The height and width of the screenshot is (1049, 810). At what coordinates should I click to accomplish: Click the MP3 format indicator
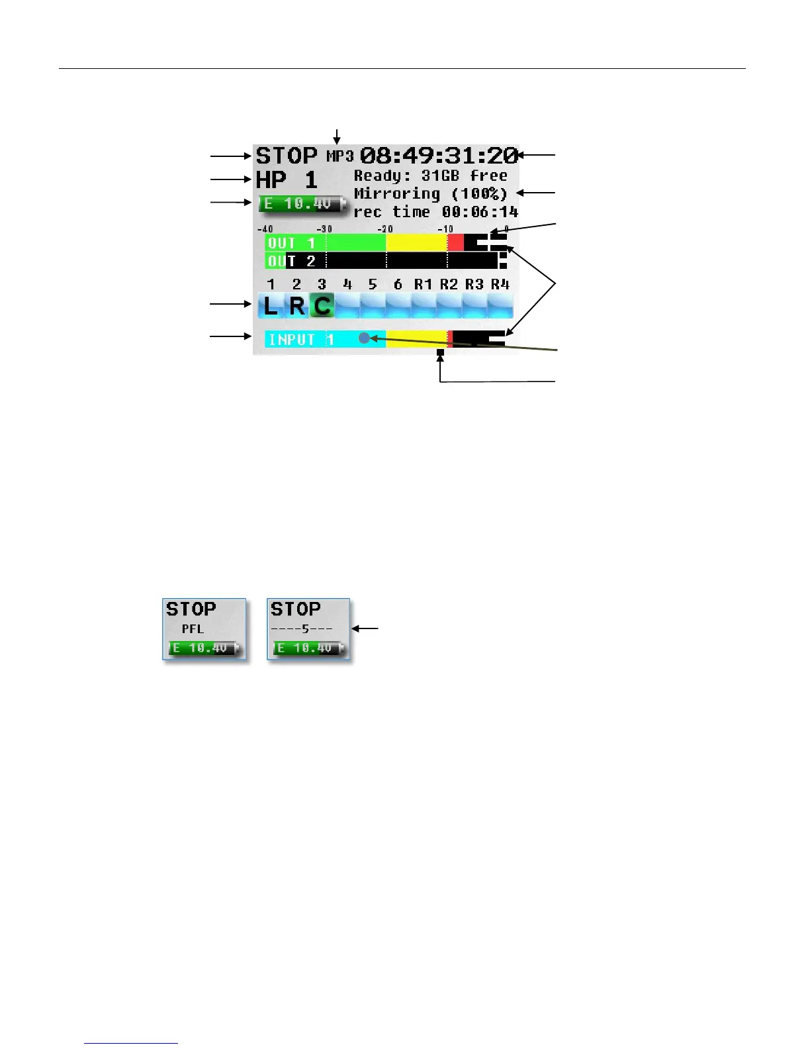(340, 156)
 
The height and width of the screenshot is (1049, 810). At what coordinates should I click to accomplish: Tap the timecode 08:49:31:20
(438, 156)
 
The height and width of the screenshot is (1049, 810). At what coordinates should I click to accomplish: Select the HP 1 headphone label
(287, 180)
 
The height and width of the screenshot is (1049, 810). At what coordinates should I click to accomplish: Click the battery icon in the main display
(303, 204)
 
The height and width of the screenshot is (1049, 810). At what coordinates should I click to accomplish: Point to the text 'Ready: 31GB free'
(430, 176)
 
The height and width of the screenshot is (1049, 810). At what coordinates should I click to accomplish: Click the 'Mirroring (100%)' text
(430, 194)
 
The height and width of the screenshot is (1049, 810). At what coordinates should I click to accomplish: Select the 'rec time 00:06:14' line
(435, 212)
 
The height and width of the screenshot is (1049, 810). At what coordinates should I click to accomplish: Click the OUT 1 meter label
(291, 243)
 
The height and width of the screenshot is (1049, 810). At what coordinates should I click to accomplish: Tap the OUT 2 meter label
(291, 261)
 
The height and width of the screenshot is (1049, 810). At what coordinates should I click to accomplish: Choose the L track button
(271, 306)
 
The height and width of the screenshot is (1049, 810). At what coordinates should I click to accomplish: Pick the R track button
(297, 306)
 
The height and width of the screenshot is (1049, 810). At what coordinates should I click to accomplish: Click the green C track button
(322, 306)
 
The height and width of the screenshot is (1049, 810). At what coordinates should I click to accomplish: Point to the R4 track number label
(500, 285)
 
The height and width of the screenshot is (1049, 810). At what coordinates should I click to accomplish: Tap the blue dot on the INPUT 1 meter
(364, 338)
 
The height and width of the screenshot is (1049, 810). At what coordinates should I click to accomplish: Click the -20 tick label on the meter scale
(384, 229)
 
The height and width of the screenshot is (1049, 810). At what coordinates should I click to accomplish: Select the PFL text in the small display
(193, 629)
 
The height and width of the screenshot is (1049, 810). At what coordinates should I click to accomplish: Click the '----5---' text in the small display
(302, 629)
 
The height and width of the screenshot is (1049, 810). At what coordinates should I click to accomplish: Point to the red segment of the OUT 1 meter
(455, 242)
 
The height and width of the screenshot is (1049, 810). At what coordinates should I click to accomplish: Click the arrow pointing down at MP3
(337, 136)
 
